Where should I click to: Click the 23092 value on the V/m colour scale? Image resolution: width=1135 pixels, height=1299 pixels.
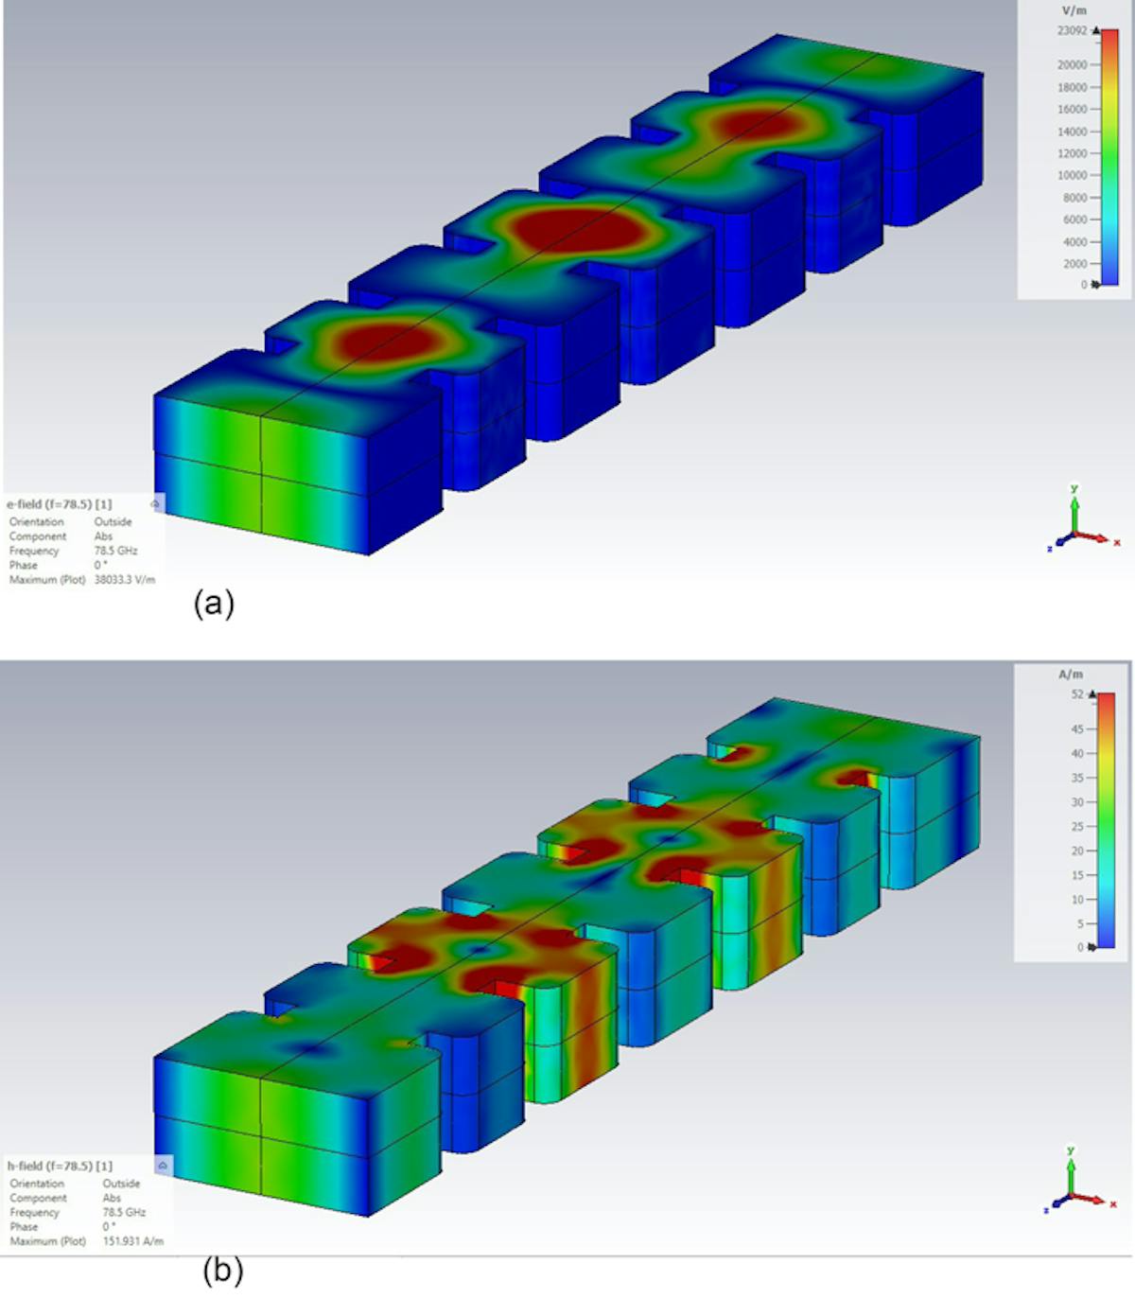pyautogui.click(x=1072, y=31)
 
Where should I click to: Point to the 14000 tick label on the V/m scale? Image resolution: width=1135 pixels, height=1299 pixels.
pyautogui.click(x=1072, y=132)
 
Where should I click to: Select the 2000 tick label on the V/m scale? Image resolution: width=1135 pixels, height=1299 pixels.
pyautogui.click(x=1074, y=264)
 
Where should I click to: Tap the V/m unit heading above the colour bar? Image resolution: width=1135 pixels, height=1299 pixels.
pyautogui.click(x=1074, y=10)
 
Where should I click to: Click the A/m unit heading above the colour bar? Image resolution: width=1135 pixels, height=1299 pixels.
pyautogui.click(x=1071, y=675)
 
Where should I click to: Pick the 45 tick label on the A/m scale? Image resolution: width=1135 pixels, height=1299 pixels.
pyautogui.click(x=1077, y=728)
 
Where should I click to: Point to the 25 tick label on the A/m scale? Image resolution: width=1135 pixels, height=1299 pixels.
pyautogui.click(x=1077, y=827)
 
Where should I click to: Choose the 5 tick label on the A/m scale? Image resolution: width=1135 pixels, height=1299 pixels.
pyautogui.click(x=1080, y=923)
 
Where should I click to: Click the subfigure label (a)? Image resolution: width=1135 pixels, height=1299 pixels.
pyautogui.click(x=214, y=603)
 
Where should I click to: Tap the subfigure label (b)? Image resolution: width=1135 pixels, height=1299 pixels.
pyautogui.click(x=223, y=1270)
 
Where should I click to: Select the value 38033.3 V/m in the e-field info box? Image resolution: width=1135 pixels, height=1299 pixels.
pyautogui.click(x=124, y=580)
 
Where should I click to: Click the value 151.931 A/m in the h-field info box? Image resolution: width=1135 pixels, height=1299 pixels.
pyautogui.click(x=132, y=1241)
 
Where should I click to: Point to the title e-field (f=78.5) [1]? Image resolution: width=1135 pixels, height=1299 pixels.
pyautogui.click(x=59, y=504)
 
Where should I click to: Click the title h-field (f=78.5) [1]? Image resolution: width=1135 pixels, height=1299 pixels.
pyautogui.click(x=60, y=1166)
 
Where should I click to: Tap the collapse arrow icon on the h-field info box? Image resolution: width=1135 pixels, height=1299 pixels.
pyautogui.click(x=163, y=1166)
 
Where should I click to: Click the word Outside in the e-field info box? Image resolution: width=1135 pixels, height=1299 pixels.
pyautogui.click(x=113, y=522)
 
